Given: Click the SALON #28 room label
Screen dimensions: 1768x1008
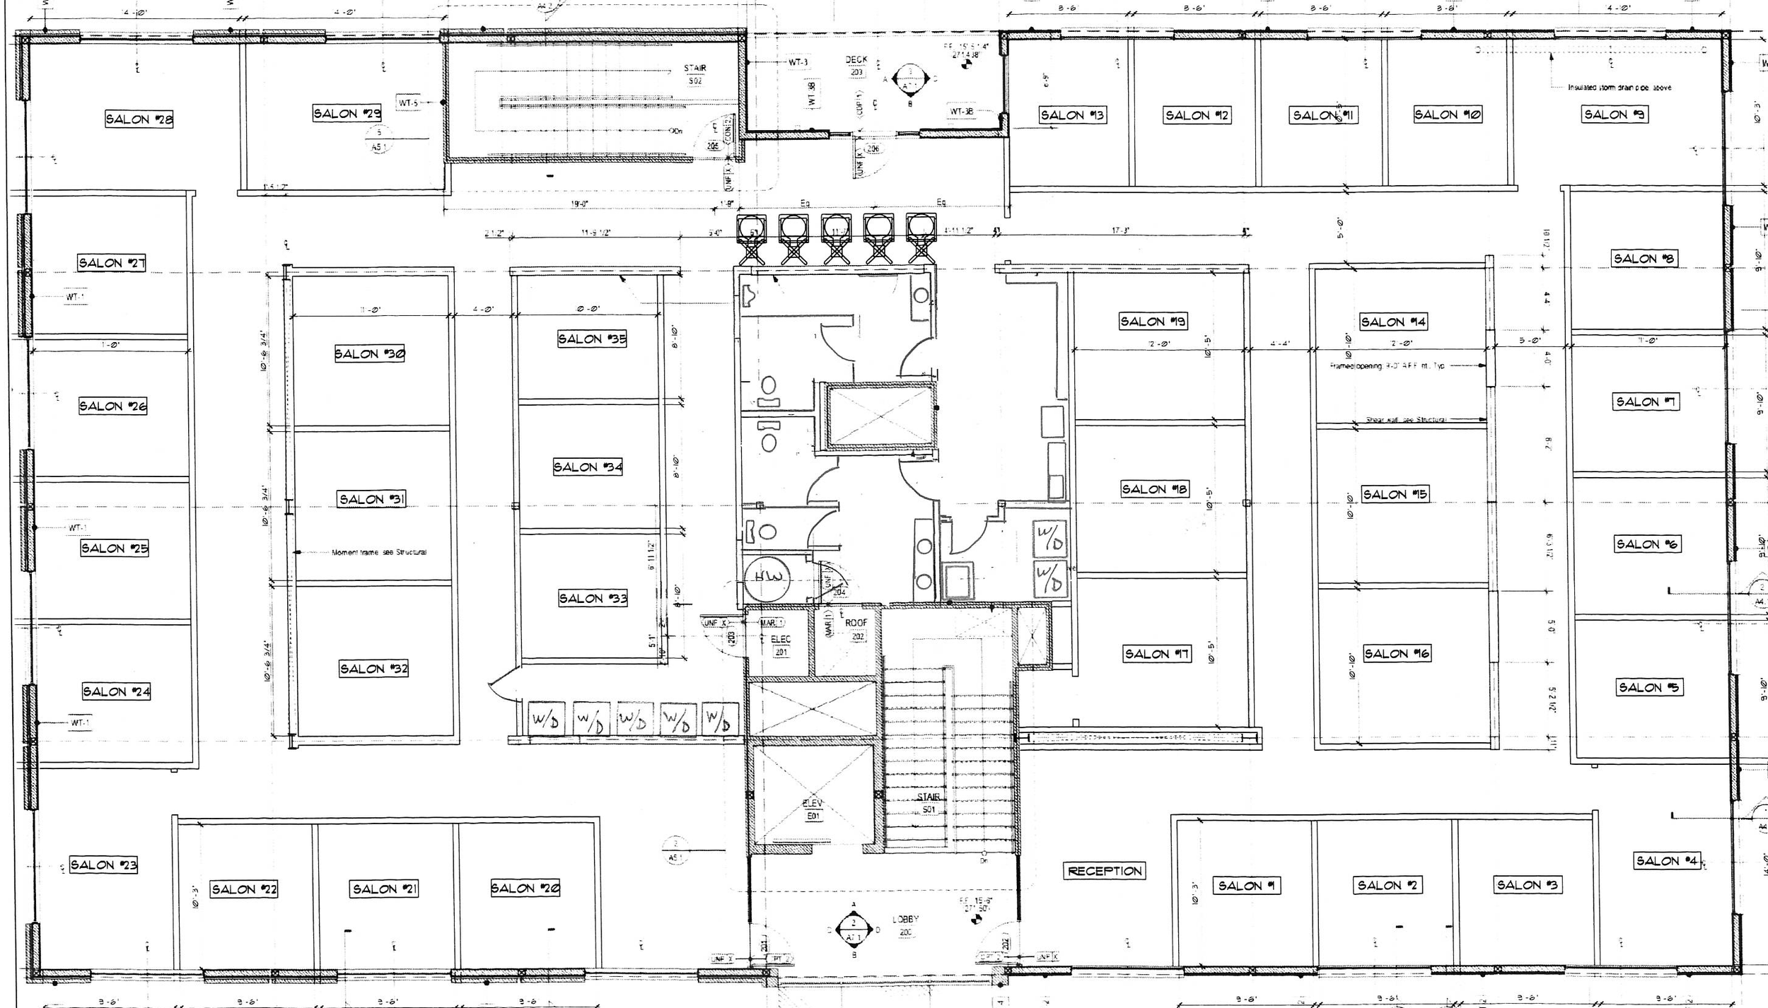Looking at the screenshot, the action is click(139, 119).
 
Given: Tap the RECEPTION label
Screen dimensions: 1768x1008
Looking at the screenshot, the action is click(1105, 871).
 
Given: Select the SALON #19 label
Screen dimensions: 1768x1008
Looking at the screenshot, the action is click(1153, 322).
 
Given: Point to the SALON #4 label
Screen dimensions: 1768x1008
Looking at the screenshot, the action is click(1666, 860).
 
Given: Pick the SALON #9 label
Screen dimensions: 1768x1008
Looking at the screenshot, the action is click(1615, 115).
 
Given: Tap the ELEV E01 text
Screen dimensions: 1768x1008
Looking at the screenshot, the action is click(813, 809).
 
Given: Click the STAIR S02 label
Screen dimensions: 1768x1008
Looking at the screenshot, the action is click(694, 74).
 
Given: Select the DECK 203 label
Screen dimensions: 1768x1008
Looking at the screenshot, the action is click(856, 66).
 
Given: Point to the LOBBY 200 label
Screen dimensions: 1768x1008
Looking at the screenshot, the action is click(905, 925).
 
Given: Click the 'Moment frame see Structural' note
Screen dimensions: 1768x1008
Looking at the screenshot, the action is click(379, 552).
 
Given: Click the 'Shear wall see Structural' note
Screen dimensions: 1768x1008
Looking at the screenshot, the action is click(1406, 420).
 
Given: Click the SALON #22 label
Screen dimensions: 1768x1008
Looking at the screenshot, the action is click(244, 889).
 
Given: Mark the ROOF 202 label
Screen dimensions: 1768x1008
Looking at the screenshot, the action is click(856, 629).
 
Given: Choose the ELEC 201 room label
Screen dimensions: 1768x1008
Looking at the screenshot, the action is click(781, 645).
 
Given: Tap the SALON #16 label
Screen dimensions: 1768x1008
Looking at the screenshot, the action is click(1396, 654).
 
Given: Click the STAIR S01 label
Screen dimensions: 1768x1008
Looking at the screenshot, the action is click(929, 803).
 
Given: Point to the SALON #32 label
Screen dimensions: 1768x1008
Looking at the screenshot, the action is click(373, 669).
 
